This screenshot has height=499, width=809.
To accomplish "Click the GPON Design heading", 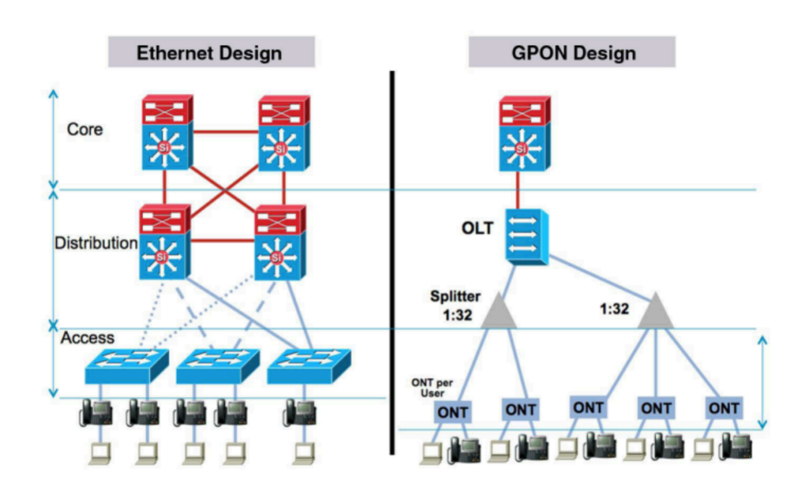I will [571, 53].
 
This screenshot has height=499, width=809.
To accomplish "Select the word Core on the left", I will [85, 129].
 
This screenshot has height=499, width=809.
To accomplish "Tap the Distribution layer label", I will [96, 243].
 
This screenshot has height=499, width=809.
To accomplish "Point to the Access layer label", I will [88, 338].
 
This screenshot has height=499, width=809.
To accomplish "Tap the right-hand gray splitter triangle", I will [655, 310].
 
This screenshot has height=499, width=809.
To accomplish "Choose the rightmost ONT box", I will [723, 409].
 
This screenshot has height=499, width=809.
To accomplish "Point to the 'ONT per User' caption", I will [427, 387].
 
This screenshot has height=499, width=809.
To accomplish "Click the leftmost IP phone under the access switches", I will [96, 412].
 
